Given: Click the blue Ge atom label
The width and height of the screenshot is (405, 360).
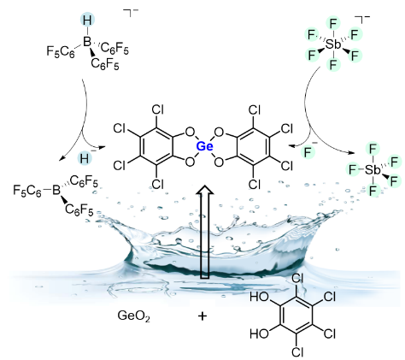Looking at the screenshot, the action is pyautogui.click(x=204, y=146).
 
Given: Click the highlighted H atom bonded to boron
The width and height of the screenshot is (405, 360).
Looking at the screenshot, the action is pyautogui.click(x=87, y=21).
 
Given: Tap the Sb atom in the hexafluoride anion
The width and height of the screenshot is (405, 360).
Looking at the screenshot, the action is pyautogui.click(x=333, y=44).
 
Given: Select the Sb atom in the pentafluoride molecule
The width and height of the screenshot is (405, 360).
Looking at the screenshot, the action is pyautogui.click(x=373, y=170).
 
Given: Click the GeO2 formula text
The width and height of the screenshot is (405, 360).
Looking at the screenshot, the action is pyautogui.click(x=133, y=316).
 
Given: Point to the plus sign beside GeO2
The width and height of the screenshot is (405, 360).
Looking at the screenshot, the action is pyautogui.click(x=202, y=316).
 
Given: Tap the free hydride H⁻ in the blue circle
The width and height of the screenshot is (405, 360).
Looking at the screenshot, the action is pyautogui.click(x=85, y=157).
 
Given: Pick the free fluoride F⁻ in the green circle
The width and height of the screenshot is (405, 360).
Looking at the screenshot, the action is pyautogui.click(x=308, y=151).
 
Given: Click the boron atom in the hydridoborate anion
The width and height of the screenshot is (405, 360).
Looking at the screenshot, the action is pyautogui.click(x=86, y=42).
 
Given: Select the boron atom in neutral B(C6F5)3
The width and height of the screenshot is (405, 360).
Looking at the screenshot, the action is pyautogui.click(x=56, y=190).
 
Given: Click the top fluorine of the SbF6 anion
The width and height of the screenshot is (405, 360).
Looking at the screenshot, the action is pyautogui.click(x=333, y=24).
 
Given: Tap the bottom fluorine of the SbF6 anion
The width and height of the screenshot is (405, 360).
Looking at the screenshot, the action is pyautogui.click(x=333, y=64).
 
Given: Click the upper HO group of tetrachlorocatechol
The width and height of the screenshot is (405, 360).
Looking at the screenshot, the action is pyautogui.click(x=259, y=297).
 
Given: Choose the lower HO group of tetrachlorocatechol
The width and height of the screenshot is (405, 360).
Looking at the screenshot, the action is pyautogui.click(x=259, y=333).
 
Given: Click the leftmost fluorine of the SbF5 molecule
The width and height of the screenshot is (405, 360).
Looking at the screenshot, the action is pyautogui.click(x=353, y=170).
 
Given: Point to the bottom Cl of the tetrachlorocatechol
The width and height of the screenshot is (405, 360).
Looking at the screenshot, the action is pyautogui.click(x=297, y=352).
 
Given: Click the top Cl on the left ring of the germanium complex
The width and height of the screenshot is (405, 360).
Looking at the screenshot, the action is pyautogui.click(x=157, y=109).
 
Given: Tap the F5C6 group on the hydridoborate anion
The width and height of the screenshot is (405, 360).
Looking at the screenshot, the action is pyautogui.click(x=61, y=52).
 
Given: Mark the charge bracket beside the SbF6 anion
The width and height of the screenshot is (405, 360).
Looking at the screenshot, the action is pyautogui.click(x=361, y=19).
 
